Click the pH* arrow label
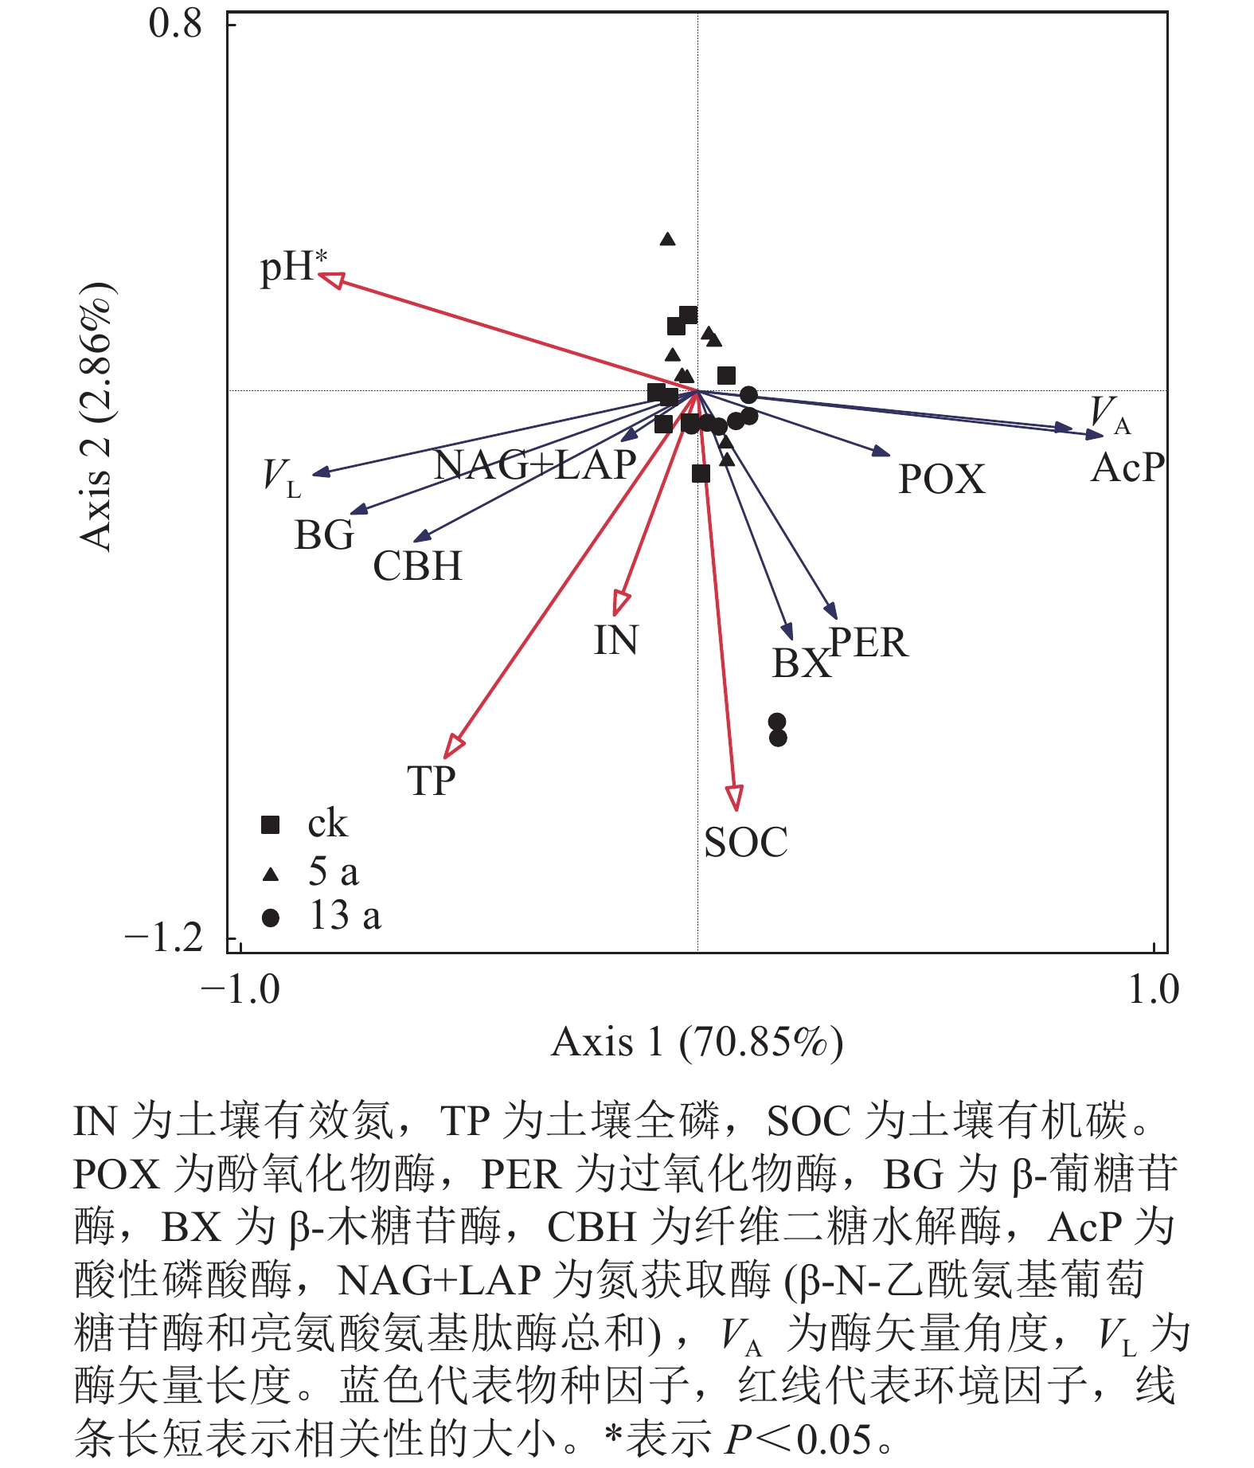pyautogui.click(x=293, y=266)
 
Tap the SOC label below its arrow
pyautogui.click(x=745, y=843)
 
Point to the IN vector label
pyautogui.click(x=615, y=640)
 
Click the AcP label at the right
pyautogui.click(x=1127, y=468)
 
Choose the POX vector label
pyautogui.click(x=941, y=480)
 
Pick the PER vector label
pyautogui.click(x=869, y=643)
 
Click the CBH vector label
pyautogui.click(x=417, y=566)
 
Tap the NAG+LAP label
pyautogui.click(x=535, y=465)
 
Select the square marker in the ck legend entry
pyautogui.click(x=271, y=825)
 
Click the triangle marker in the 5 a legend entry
pyautogui.click(x=271, y=875)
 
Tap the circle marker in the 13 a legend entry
pyautogui.click(x=271, y=918)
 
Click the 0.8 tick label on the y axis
pyautogui.click(x=175, y=24)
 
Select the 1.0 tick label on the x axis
pyautogui.click(x=1154, y=989)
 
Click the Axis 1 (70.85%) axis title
pyautogui.click(x=697, y=1042)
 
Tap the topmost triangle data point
pyautogui.click(x=667, y=239)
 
